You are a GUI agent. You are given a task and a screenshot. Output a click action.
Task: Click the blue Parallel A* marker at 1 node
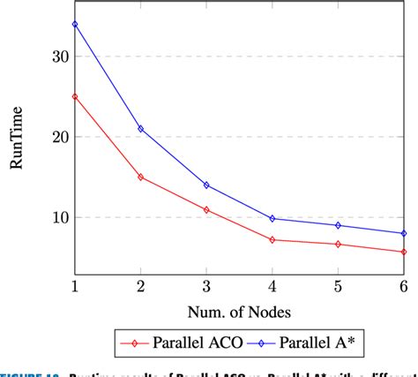[x=75, y=24]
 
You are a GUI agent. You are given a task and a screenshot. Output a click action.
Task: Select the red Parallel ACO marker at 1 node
[x=75, y=96]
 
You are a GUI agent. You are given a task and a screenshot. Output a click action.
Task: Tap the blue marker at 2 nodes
[x=140, y=129]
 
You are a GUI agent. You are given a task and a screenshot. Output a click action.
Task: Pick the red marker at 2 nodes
[x=140, y=177]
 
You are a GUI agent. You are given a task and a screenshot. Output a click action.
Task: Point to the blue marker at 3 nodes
[x=206, y=185]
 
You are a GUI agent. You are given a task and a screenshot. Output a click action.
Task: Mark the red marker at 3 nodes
[x=206, y=210]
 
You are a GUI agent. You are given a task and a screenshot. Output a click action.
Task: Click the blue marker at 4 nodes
[x=272, y=218]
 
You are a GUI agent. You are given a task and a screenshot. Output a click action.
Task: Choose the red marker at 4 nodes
[x=272, y=239]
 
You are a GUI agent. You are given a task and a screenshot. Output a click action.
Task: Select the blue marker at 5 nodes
[x=339, y=225]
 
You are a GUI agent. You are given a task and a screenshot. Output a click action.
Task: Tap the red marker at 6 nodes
[x=404, y=252]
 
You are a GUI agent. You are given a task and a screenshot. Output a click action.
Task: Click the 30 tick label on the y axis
[x=59, y=57]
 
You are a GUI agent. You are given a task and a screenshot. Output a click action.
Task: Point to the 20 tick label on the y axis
[x=59, y=137]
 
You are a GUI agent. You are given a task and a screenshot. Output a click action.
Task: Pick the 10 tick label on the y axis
[x=59, y=217]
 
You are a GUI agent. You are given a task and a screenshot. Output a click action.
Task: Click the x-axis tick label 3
[x=206, y=288]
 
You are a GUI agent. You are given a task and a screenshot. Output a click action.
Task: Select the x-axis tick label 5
[x=339, y=288]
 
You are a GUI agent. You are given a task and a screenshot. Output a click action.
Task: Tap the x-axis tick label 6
[x=404, y=288]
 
